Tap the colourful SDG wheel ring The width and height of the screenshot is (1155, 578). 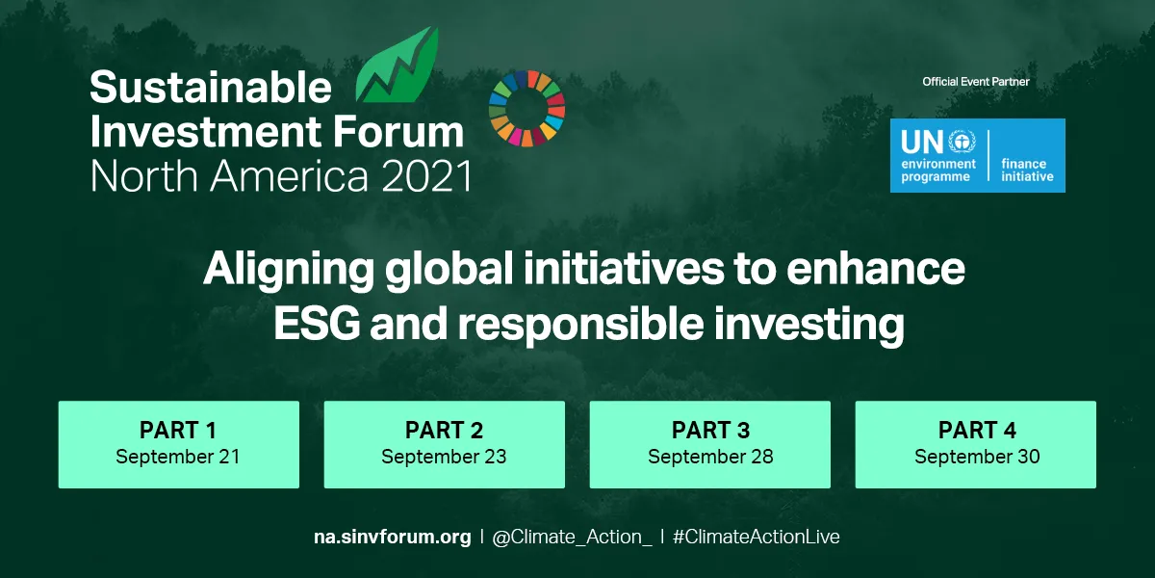point(526,108)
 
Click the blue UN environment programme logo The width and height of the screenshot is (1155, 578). point(977,155)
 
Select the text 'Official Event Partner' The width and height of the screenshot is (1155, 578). point(976,82)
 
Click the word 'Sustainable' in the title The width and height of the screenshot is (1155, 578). point(211,89)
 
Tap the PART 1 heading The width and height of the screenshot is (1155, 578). point(178,430)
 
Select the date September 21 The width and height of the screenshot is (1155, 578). point(178,457)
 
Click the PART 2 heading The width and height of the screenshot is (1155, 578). point(444,430)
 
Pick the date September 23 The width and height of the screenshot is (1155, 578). point(444,457)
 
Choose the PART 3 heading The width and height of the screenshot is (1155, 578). point(710,430)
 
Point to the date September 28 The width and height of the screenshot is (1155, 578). point(710,457)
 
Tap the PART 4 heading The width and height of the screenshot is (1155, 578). point(976,430)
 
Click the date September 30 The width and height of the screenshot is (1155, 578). point(976,457)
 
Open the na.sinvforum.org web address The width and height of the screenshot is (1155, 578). point(393,538)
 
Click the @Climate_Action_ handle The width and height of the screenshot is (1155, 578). point(571,538)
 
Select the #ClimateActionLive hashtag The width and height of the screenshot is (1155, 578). point(756,538)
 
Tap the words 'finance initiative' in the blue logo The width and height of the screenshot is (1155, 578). point(1027,171)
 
